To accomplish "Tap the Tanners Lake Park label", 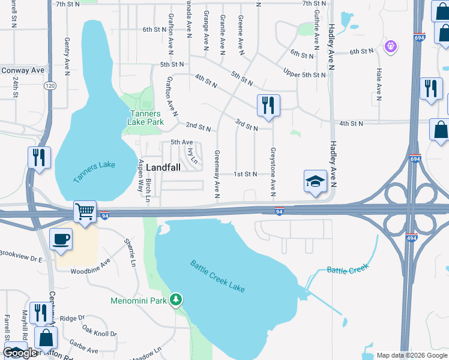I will tap(145, 117).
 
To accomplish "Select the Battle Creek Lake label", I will tap(218, 276).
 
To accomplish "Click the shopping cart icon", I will tap(85, 211).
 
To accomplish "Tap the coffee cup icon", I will tap(61, 239).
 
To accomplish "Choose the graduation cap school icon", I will tap(315, 182).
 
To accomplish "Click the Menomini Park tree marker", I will tap(176, 299).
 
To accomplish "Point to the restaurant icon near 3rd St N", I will tap(268, 105).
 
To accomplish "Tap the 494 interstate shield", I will tap(411, 237).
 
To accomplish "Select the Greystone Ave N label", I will tap(273, 172).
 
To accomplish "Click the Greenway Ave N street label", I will tap(217, 174).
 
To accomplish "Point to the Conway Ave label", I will tap(23, 70).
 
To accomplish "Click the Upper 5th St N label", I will tap(304, 74).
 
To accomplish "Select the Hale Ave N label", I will tap(379, 84).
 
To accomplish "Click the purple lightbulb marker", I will tap(391, 46).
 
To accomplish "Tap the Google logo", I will tap(20, 353).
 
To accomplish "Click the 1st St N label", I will tap(246, 174).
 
